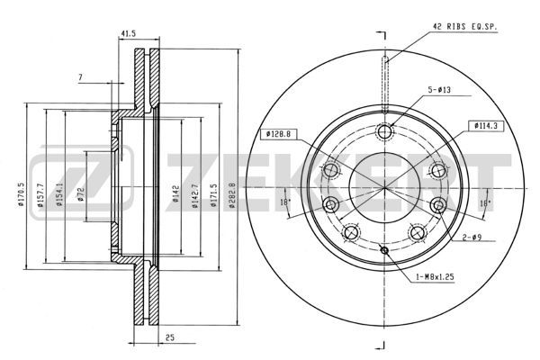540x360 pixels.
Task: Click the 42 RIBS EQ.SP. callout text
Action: [x=464, y=26]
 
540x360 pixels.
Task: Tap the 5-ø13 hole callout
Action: [x=439, y=90]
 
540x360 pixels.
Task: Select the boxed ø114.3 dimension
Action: [x=486, y=126]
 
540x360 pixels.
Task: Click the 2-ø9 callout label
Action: [x=472, y=237]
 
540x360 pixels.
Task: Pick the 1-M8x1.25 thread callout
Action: [x=436, y=276]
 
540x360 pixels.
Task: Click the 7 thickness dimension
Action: [x=80, y=77]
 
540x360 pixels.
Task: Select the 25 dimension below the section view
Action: [x=170, y=337]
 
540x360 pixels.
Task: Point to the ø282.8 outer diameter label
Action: [x=232, y=195]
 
